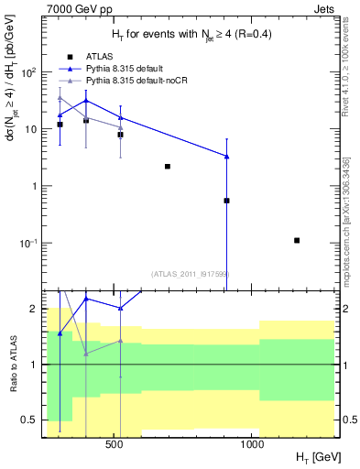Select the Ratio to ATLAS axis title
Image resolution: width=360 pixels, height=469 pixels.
coord(13,365)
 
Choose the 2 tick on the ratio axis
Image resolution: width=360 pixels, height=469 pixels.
coord(32,309)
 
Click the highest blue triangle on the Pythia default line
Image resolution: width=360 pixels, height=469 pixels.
coord(85,101)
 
